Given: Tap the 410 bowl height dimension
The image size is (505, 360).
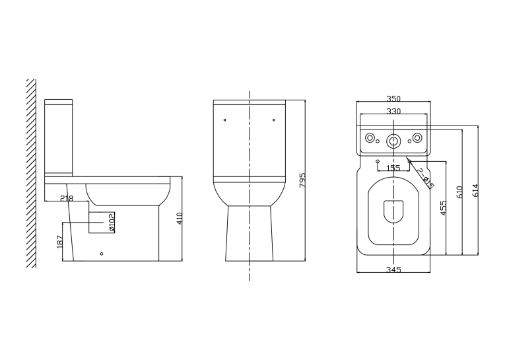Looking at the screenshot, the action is (180, 218).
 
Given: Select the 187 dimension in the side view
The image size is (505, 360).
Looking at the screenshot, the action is (60, 242).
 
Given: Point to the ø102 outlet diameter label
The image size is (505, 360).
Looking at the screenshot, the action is (111, 222).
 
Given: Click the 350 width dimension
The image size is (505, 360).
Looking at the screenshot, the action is (393, 98).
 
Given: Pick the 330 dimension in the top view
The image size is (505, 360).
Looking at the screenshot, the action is (393, 111).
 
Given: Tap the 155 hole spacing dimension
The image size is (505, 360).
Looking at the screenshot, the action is (393, 168).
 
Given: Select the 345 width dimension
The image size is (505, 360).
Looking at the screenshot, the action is (393, 269).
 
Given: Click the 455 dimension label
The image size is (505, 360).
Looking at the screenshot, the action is (443, 208).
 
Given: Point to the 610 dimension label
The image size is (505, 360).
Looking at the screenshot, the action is (459, 192).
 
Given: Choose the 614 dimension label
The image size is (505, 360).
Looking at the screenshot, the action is (475, 190).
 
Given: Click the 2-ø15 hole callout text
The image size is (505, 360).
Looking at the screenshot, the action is (425, 178).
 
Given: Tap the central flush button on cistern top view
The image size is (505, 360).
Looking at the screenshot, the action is (393, 141).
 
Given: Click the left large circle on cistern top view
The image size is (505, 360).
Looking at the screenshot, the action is (370, 138).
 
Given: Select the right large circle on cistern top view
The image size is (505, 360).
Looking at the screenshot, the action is (417, 138).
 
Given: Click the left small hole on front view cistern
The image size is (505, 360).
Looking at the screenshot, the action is (225, 120).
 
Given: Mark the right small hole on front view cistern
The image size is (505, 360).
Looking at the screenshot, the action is (274, 120).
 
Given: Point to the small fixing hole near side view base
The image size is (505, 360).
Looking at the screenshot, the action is (102, 254).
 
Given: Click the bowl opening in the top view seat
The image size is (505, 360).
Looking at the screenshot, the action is (393, 211).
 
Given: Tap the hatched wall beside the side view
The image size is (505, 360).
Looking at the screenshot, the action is (31, 173).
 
